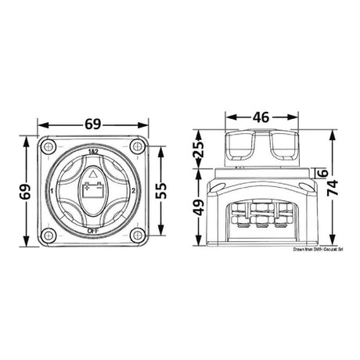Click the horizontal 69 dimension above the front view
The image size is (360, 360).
(93, 124)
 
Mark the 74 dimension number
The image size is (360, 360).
(335, 188)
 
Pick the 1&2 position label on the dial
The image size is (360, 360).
(93, 150)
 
